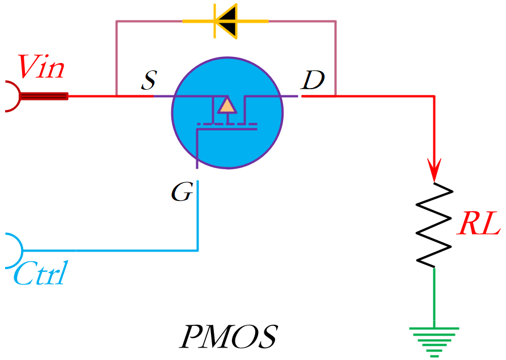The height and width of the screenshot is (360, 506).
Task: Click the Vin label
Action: (x=41, y=68)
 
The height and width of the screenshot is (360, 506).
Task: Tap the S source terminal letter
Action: (x=148, y=82)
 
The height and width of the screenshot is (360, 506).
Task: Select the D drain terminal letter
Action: (x=312, y=81)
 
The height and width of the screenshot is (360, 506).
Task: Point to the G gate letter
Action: (x=182, y=193)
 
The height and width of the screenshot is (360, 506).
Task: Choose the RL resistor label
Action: (x=480, y=224)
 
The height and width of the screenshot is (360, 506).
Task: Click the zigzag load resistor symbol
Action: (x=435, y=225)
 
